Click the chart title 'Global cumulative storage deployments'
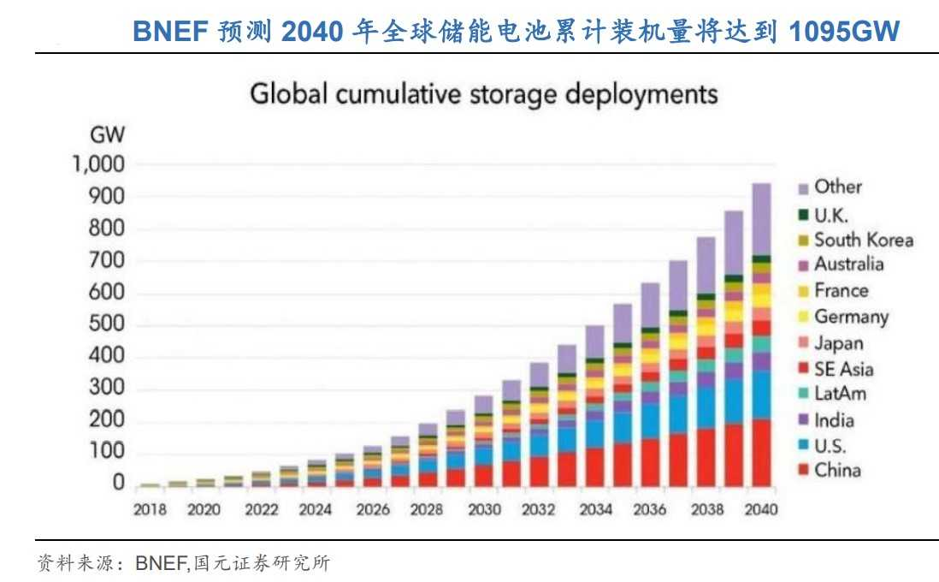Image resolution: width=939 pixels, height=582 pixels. point(483,93)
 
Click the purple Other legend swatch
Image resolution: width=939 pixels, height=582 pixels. point(803,187)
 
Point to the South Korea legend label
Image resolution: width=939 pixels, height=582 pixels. point(863,241)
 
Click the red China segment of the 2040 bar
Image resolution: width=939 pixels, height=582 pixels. point(760,453)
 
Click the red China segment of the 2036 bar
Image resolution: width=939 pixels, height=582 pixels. point(650,463)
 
